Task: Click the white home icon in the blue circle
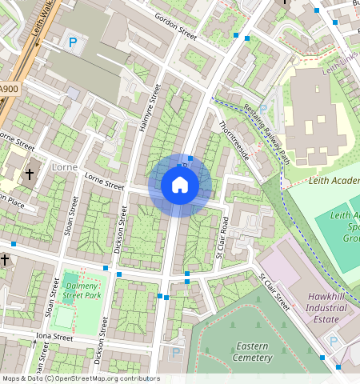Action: click(180, 186)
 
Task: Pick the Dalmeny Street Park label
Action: click(82, 290)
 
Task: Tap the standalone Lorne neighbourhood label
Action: click(63, 168)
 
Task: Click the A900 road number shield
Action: click(8, 88)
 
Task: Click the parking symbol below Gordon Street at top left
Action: click(74, 42)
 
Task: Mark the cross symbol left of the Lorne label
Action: click(30, 174)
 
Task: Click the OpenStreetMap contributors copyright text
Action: click(80, 378)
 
